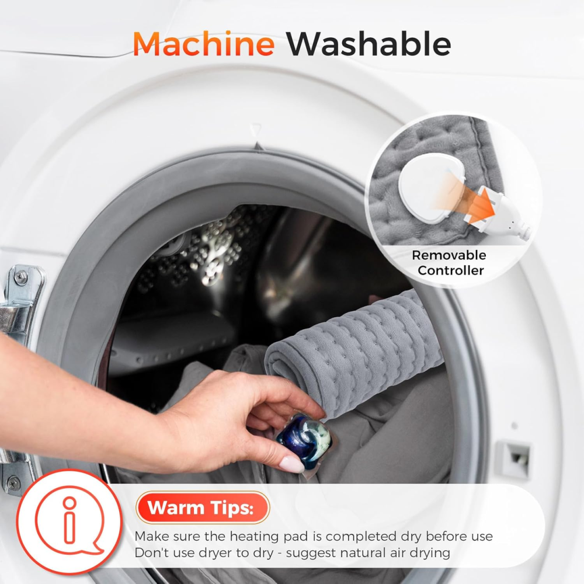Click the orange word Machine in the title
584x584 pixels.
204,44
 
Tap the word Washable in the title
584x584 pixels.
369,44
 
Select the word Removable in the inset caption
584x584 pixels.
449,255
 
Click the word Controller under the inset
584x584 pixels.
451,270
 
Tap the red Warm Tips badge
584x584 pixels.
203,507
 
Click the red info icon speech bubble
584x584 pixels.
69,520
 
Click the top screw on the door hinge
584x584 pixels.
20,277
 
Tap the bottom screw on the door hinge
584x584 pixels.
14,483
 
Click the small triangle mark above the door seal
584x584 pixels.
256,130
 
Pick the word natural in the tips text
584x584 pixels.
363,552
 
